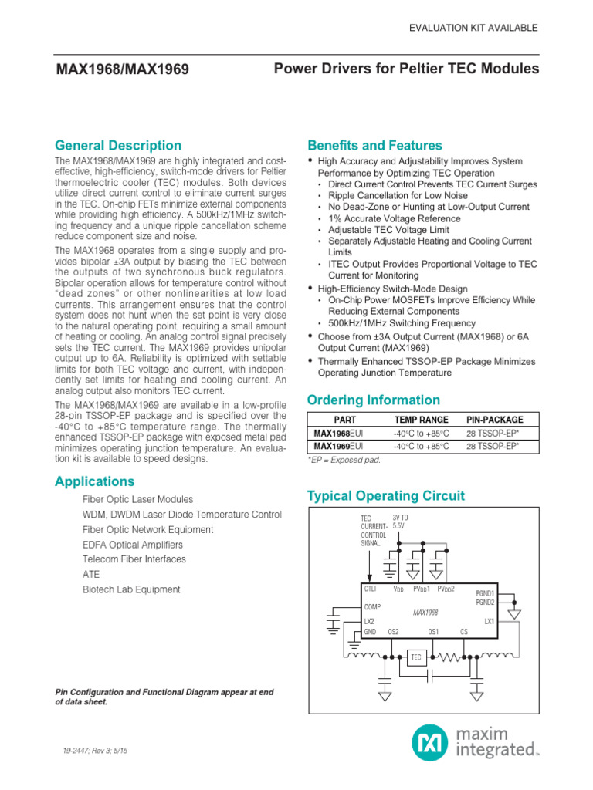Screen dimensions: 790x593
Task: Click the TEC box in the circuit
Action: [x=416, y=657]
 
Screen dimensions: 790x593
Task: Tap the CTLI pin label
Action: [x=370, y=589]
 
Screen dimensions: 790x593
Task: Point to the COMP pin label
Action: [x=373, y=606]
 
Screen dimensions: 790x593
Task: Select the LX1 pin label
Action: [x=489, y=621]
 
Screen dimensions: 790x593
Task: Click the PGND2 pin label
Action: [x=485, y=602]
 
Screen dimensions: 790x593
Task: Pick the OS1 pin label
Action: [x=433, y=632]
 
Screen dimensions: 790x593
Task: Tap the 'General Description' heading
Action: [x=118, y=146]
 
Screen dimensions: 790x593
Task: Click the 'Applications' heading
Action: [x=95, y=481]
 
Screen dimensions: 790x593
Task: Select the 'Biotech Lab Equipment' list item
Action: [x=131, y=589]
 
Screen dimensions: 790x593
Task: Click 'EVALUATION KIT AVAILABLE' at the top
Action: [x=473, y=28]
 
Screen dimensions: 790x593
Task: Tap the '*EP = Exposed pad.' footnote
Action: [x=344, y=460]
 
